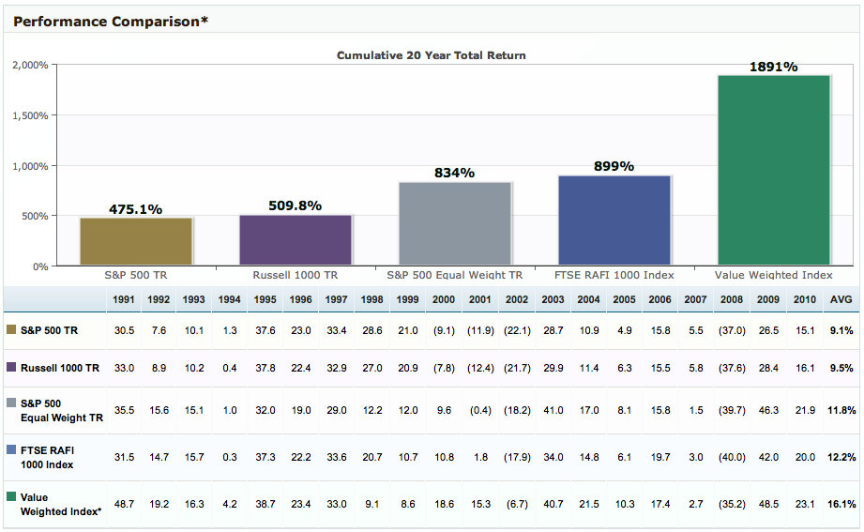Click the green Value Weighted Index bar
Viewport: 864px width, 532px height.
pos(774,170)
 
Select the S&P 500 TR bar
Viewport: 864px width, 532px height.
pos(136,241)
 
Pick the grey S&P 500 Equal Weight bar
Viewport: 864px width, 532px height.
pos(455,223)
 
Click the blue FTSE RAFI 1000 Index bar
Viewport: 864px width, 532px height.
pos(614,220)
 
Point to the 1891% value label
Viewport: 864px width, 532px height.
pos(774,67)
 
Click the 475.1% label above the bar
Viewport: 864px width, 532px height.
pos(136,209)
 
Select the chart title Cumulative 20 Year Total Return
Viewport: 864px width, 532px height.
pos(432,55)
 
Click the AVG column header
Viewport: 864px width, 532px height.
pos(841,299)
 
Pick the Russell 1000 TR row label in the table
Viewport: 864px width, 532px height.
pos(60,368)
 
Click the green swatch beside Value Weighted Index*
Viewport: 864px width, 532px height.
pos(11,497)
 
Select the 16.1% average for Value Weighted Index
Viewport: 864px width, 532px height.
pos(841,504)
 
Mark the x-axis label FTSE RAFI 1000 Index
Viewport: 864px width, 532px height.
pos(614,276)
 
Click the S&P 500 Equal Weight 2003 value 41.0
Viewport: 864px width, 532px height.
pos(553,410)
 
